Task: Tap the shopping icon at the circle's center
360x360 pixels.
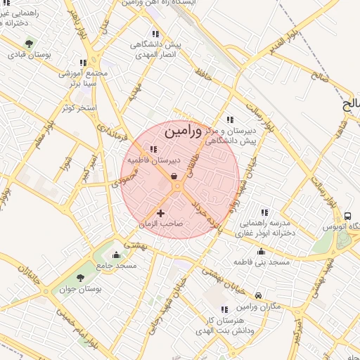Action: click(174, 176)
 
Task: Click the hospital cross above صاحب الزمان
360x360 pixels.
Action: click(161, 212)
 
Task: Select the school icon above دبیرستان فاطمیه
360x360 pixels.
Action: click(153, 149)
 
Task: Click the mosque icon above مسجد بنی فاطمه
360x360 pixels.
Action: click(262, 251)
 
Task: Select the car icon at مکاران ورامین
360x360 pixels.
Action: click(259, 296)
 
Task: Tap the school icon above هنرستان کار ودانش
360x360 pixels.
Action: click(224, 309)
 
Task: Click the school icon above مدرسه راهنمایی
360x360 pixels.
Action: click(264, 212)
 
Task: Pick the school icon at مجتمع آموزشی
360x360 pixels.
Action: click(84, 63)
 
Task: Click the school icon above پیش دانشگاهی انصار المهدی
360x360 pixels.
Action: click(155, 33)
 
